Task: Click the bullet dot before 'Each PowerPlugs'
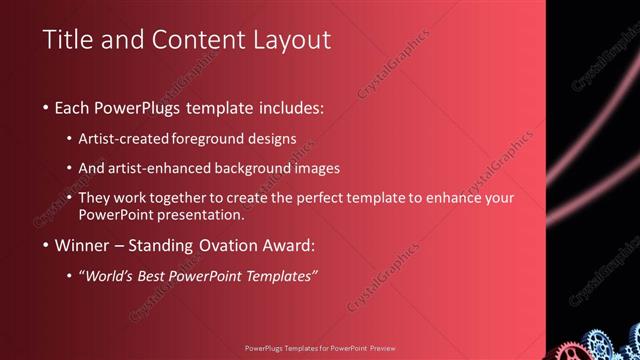click(x=47, y=106)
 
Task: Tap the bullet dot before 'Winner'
click(x=47, y=246)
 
